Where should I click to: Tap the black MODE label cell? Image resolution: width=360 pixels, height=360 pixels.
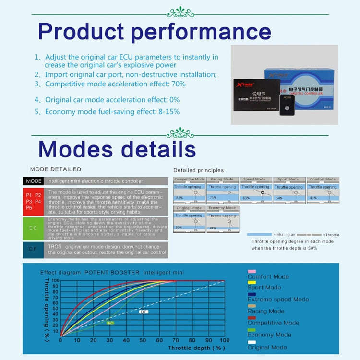point(33,181)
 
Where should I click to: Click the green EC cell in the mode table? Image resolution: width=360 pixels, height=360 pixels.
point(33,228)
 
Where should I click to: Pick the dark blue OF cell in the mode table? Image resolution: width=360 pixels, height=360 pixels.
point(33,250)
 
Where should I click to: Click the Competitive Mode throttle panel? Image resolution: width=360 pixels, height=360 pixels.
point(189,190)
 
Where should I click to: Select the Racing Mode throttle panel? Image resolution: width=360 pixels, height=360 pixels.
point(222,190)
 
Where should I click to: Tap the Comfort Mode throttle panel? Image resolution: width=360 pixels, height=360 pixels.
point(322,190)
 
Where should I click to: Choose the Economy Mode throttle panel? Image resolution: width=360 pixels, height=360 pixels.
point(222,219)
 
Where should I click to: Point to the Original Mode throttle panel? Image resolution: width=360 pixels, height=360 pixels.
point(189,219)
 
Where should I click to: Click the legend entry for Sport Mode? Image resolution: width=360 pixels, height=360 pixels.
point(264,287)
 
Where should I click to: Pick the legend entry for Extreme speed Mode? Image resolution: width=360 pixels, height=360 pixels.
point(278,299)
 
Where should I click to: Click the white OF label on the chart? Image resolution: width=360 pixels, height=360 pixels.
point(143,312)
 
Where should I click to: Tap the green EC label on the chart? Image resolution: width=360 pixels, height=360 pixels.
point(110,323)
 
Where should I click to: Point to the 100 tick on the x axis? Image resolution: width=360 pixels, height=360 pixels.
point(224,340)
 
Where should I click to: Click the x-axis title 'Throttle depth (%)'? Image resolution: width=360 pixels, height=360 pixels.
point(196,347)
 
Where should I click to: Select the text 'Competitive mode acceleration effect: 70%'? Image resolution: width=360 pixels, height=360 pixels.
point(115,84)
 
